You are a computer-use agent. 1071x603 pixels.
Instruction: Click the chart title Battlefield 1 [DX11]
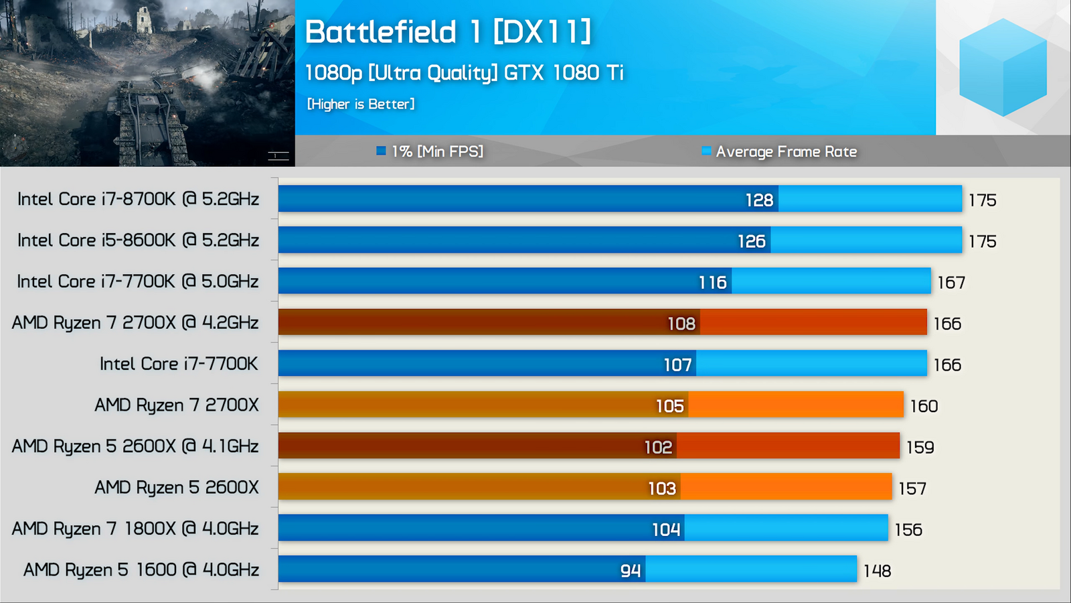coord(448,32)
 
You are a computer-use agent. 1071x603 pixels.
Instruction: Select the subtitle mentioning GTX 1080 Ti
coord(464,73)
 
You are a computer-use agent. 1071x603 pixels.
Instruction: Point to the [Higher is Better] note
coord(361,104)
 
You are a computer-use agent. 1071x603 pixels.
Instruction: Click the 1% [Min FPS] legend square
coord(381,151)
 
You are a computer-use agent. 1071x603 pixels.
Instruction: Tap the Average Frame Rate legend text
coord(786,152)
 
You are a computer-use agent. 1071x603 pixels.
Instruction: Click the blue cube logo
coord(1002,67)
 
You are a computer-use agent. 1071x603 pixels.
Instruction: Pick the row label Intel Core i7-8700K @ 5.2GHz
coord(138,199)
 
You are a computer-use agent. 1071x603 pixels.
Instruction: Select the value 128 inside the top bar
coord(759,200)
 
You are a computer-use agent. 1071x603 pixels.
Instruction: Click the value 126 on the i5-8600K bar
coord(751,241)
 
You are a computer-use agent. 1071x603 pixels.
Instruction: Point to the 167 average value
coord(951,283)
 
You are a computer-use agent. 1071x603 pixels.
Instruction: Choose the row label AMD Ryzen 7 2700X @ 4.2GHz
coord(135,323)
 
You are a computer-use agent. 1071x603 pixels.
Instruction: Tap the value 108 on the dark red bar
coord(681,324)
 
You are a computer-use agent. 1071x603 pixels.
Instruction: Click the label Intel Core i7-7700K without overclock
coord(179,364)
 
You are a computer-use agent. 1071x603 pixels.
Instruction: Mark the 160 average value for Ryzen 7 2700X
coord(924,406)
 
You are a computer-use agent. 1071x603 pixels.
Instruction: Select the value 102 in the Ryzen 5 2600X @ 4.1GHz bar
coord(658,447)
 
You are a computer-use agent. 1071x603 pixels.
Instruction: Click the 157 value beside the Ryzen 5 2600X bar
coord(912,488)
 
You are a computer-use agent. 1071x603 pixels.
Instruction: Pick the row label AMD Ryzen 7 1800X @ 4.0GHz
coord(135,529)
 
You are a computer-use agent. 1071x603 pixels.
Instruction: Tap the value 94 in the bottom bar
coord(631,570)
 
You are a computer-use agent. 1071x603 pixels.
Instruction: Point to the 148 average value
coord(877,571)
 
